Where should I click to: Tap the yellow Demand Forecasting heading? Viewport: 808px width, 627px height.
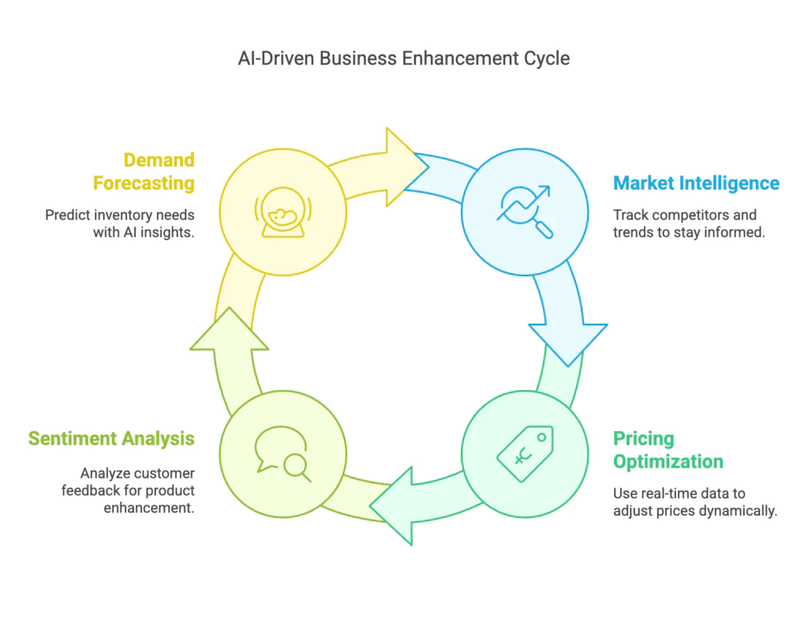[144, 171]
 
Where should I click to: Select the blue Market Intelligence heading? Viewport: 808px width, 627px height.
[696, 183]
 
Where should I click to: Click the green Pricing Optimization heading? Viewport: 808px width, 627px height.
[668, 450]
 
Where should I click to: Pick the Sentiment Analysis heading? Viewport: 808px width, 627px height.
[111, 438]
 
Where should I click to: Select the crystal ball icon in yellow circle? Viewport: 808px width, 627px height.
[282, 212]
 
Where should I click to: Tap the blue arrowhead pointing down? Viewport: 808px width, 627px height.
[568, 343]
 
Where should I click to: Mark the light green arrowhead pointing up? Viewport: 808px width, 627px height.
[229, 330]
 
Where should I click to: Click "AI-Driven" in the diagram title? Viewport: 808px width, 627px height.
[276, 58]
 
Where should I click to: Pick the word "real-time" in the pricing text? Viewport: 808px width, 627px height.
[671, 494]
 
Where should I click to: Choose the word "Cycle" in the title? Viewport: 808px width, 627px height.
[548, 58]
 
